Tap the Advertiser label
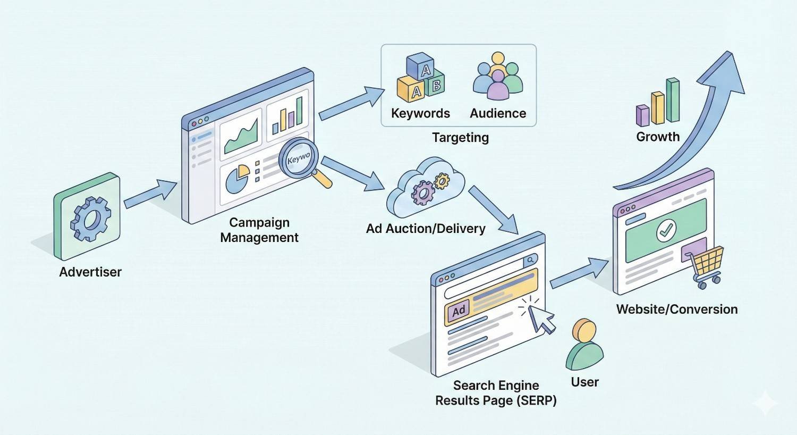pyautogui.click(x=90, y=272)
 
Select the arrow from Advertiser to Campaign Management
pyautogui.click(x=150, y=195)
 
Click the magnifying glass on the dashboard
pyautogui.click(x=299, y=158)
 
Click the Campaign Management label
pyautogui.click(x=259, y=230)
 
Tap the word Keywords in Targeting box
pyautogui.click(x=420, y=113)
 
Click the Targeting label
pyautogui.click(x=460, y=137)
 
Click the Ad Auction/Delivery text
pyautogui.click(x=426, y=229)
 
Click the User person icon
pyautogui.click(x=584, y=346)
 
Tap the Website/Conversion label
pyautogui.click(x=676, y=309)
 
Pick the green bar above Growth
pyautogui.click(x=673, y=100)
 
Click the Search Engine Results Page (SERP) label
pyautogui.click(x=496, y=393)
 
